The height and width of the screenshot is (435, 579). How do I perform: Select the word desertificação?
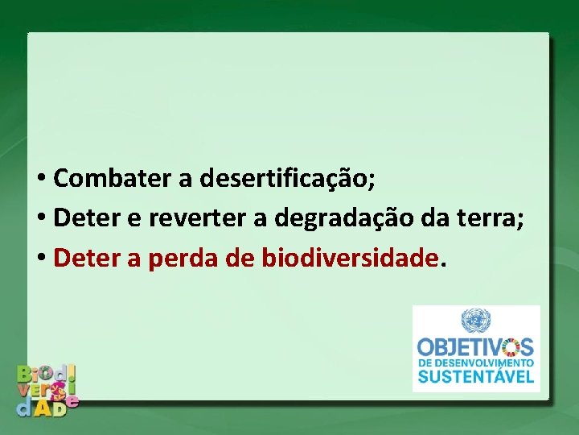coord(286,178)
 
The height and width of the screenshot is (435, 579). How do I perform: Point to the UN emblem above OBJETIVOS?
coord(475,321)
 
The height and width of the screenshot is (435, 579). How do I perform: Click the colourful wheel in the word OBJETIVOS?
coord(509,348)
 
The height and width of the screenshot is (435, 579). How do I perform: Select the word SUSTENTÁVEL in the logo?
coord(475,376)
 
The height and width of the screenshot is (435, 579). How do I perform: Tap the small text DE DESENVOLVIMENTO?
coord(475,362)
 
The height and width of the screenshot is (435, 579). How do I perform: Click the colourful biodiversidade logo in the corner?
coord(48,388)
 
